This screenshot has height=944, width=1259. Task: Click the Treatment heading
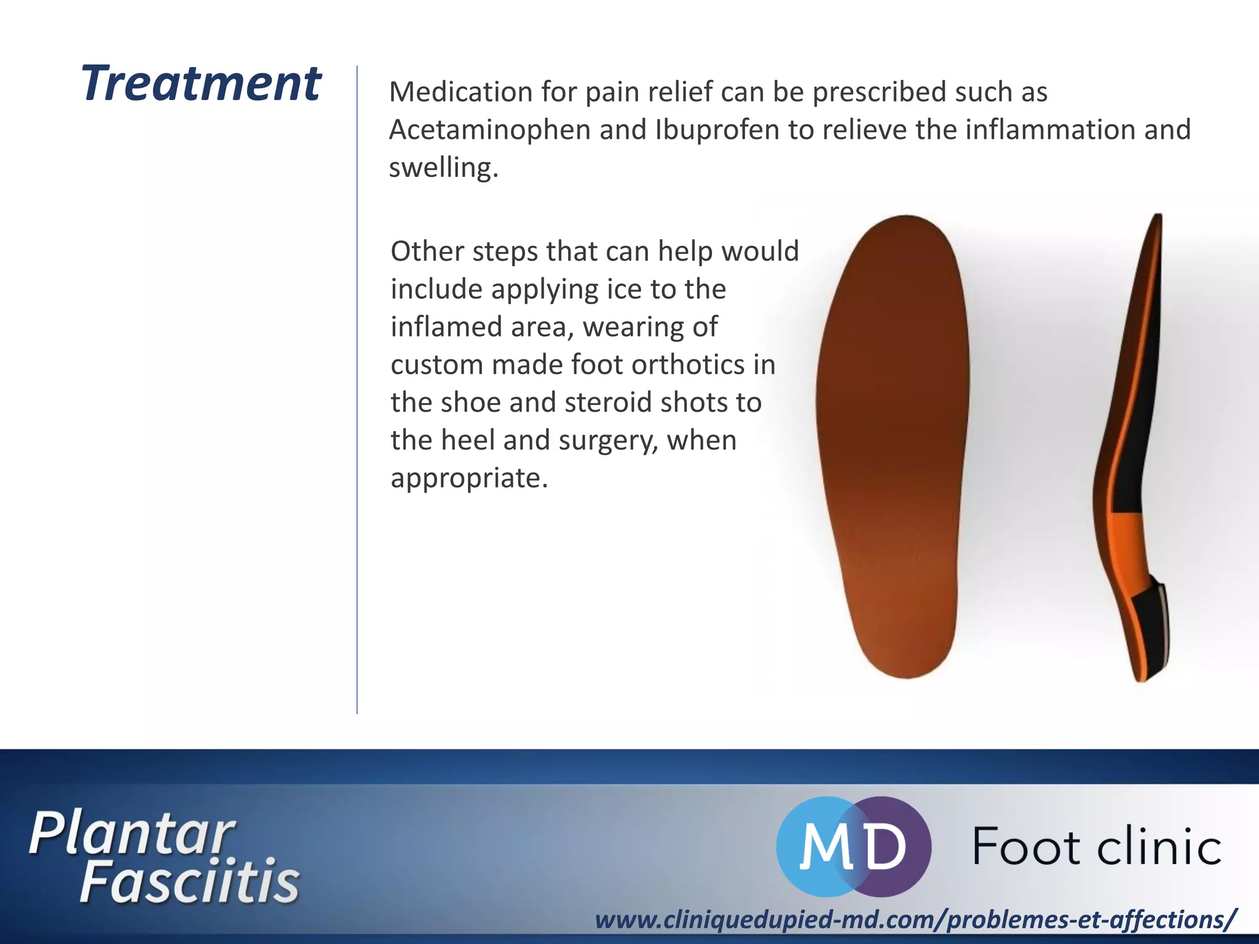click(x=200, y=84)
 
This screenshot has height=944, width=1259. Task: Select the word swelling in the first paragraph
click(x=443, y=168)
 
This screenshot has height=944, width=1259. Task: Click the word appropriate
click(x=468, y=479)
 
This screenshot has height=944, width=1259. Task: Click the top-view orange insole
click(x=891, y=442)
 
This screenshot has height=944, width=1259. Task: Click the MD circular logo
click(x=853, y=846)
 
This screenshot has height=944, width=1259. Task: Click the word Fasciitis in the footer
click(x=189, y=883)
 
